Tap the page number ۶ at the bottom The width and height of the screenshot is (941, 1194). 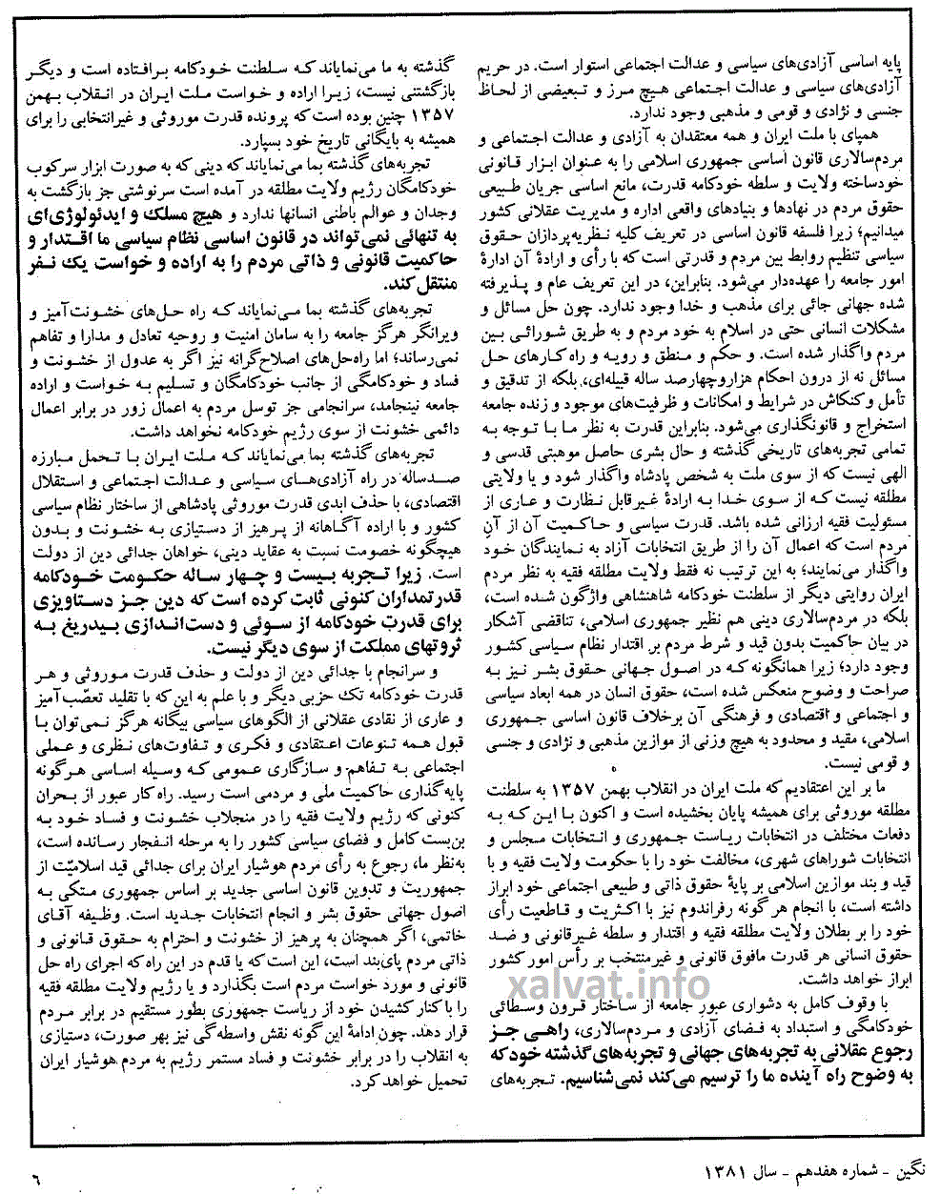35,1179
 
